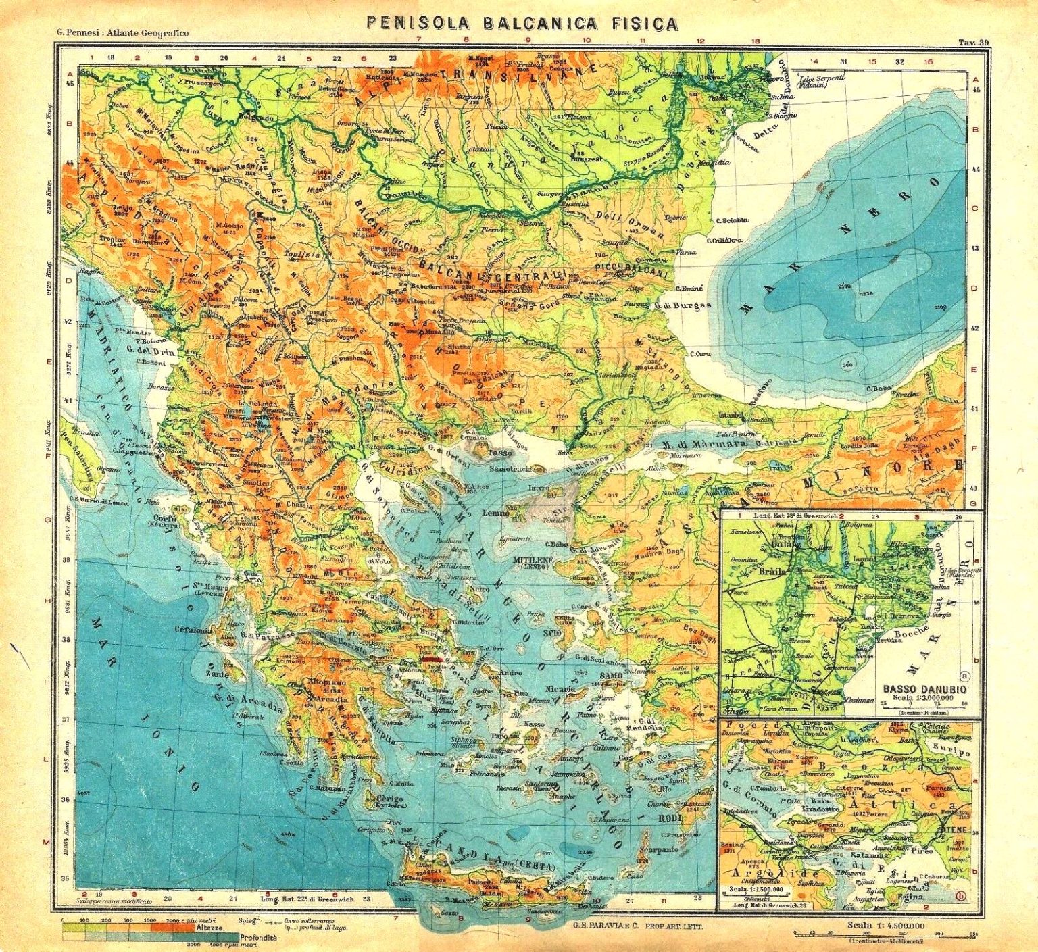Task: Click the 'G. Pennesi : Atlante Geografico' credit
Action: point(113,33)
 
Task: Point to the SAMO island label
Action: point(609,676)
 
